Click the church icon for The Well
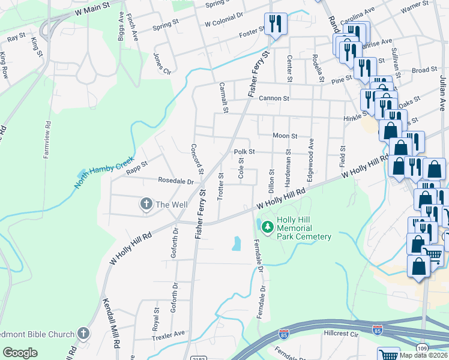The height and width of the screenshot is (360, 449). click(x=146, y=205)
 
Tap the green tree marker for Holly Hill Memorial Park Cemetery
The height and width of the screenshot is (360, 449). click(x=267, y=226)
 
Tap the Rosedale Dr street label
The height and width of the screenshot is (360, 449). click(x=175, y=181)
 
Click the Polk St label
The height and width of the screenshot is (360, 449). click(x=244, y=152)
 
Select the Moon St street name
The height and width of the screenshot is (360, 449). click(x=285, y=136)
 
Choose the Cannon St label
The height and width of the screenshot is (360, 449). click(x=274, y=98)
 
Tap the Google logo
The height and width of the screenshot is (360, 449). click(x=19, y=353)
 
